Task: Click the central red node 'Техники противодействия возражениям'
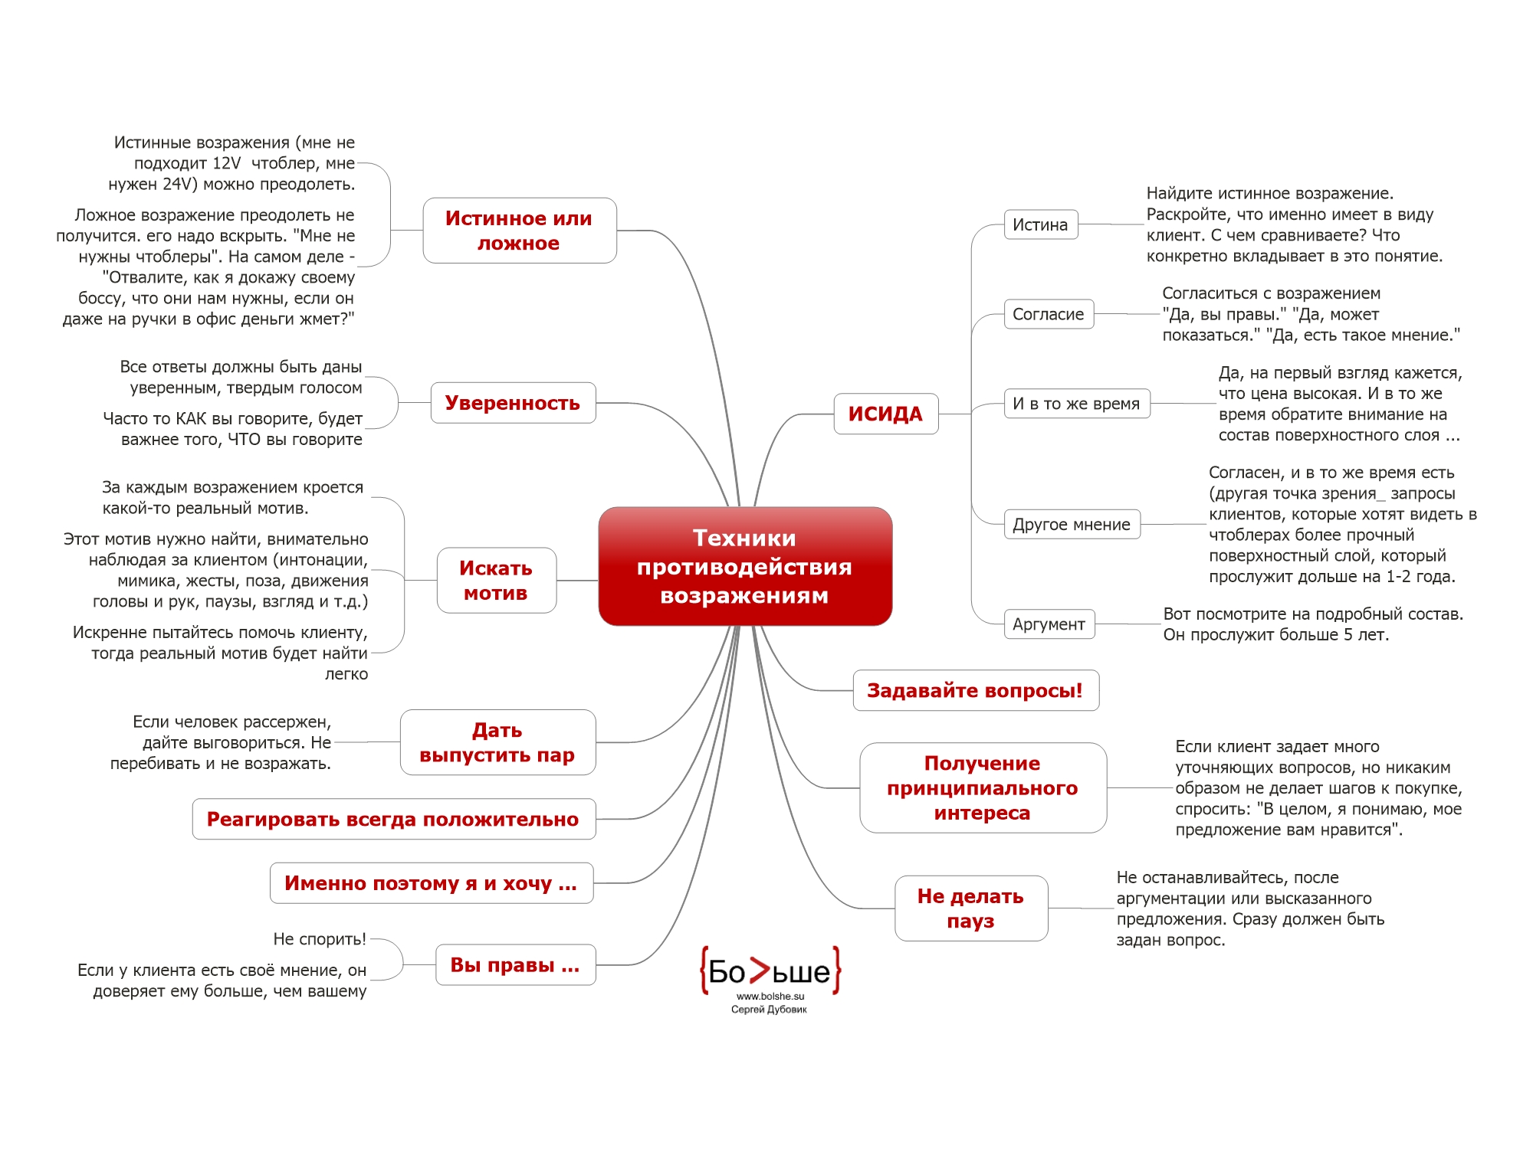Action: [745, 566]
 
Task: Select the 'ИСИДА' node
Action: [885, 414]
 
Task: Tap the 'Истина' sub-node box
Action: [1040, 224]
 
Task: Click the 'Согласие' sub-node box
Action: [1048, 314]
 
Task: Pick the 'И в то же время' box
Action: [1076, 404]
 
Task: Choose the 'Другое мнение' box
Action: [1072, 525]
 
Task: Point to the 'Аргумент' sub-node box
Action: [1049, 624]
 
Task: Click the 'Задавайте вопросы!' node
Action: [975, 690]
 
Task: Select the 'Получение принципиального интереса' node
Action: [982, 787]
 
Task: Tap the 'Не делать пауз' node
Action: [970, 908]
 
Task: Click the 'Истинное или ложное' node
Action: [519, 231]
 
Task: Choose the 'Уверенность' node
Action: [513, 403]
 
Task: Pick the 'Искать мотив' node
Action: [496, 581]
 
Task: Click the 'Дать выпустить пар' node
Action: [497, 742]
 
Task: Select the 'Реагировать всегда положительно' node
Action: [393, 819]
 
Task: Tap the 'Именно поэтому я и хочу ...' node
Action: [431, 883]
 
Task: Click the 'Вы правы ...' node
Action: [515, 964]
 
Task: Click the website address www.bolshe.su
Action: [770, 997]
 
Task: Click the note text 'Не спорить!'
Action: [320, 939]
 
